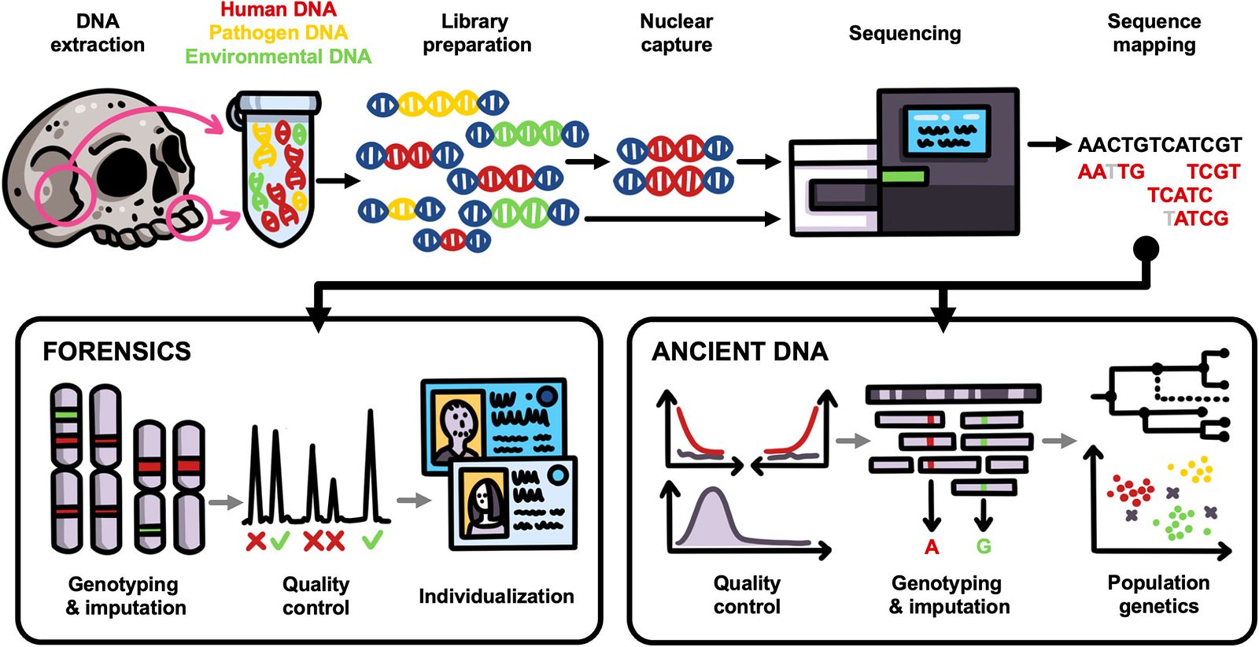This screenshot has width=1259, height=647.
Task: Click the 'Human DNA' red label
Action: [279, 9]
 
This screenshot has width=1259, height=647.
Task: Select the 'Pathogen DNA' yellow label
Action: [279, 32]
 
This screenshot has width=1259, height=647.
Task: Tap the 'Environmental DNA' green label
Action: [279, 56]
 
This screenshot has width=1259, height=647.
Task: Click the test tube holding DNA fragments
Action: [276, 168]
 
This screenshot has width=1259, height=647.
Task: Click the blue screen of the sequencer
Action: [947, 132]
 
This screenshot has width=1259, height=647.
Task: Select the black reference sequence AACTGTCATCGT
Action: [1160, 145]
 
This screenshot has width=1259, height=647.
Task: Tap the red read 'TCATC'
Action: [1180, 195]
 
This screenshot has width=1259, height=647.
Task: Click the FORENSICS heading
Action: [117, 351]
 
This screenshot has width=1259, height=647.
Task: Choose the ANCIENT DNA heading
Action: [740, 352]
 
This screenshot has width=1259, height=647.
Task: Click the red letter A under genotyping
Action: [932, 546]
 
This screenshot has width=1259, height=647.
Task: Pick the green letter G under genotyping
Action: [984, 546]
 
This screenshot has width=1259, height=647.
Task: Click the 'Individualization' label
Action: [497, 596]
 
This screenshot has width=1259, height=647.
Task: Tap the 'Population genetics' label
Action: [1158, 595]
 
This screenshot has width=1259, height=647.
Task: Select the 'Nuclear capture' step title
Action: [676, 32]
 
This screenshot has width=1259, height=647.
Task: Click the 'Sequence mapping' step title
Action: [1154, 32]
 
